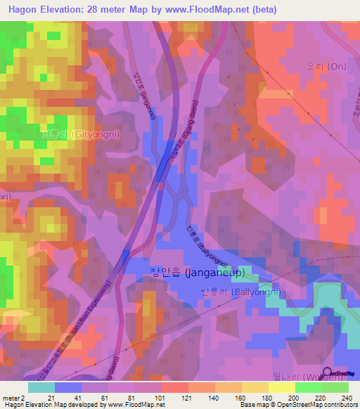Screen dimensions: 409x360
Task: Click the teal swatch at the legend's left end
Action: click(41, 387)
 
